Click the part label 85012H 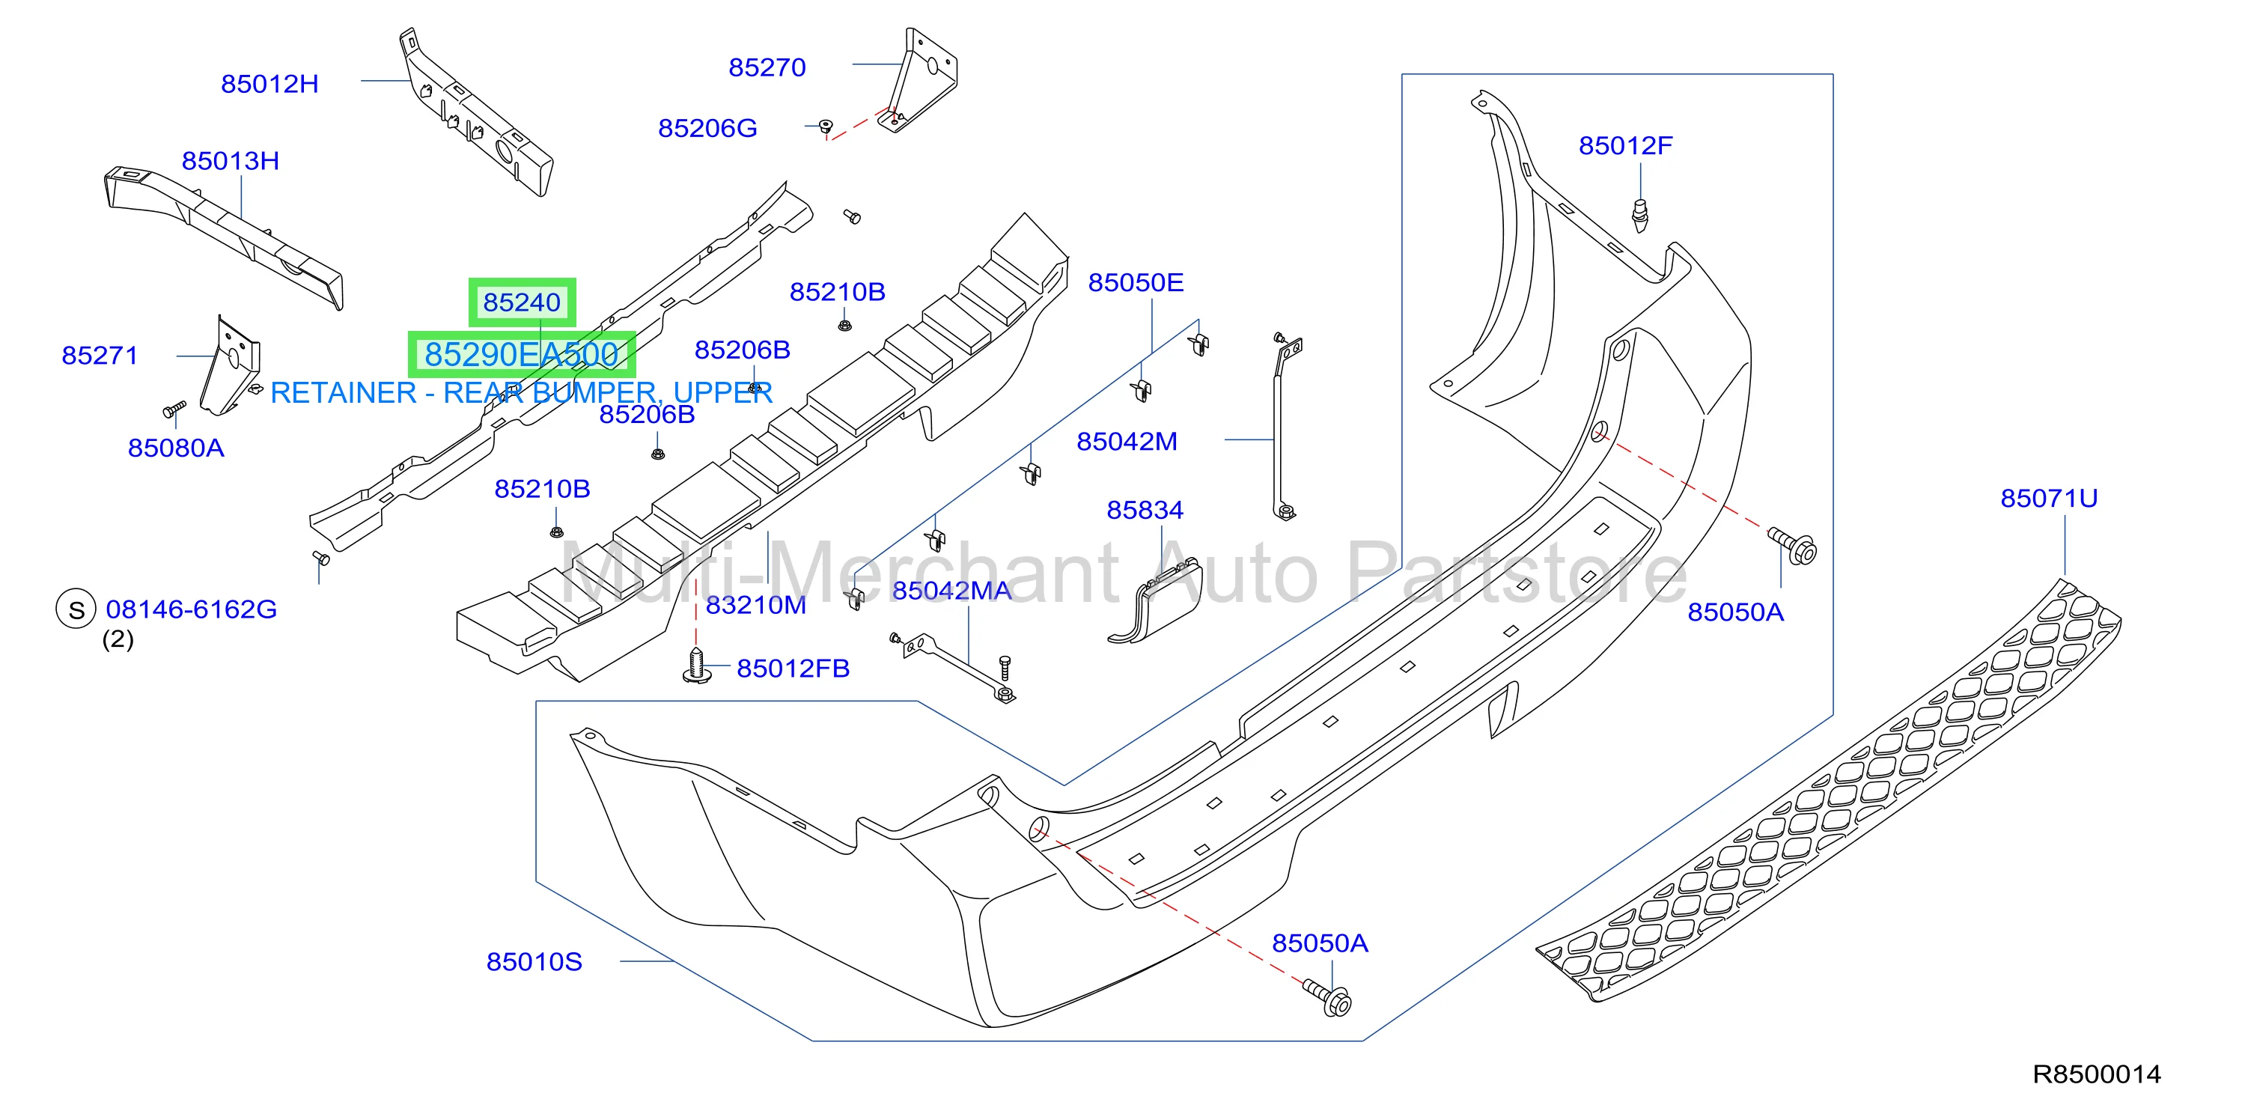tap(269, 85)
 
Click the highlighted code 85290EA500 tap(522, 355)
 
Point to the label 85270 tap(767, 68)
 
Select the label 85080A tap(176, 448)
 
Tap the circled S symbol tap(76, 609)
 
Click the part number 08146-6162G tap(192, 609)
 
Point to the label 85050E tap(1136, 283)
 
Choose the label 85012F tap(1626, 146)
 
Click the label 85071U tap(2049, 499)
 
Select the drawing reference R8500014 tap(2097, 1074)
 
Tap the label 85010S tap(534, 962)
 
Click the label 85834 tap(1145, 511)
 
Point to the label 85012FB tap(793, 669)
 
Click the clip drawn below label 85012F tap(1641, 216)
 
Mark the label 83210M tap(756, 606)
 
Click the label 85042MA tap(952, 591)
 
